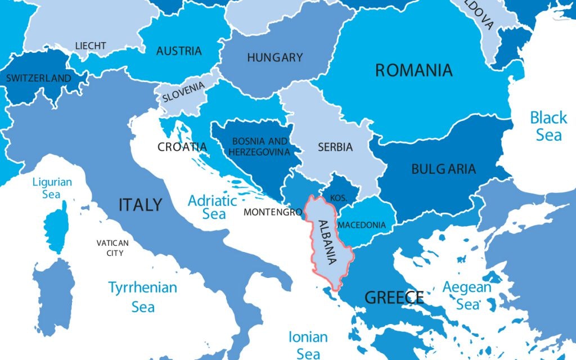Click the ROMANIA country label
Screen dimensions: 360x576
click(413, 70)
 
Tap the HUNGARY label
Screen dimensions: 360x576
click(274, 57)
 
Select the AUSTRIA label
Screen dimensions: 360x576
click(179, 51)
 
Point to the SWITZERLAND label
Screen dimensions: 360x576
click(39, 78)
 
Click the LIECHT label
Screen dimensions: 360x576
click(91, 46)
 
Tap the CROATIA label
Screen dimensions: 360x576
click(182, 147)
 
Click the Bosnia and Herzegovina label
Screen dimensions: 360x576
click(260, 146)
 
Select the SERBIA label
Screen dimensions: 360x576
click(335, 147)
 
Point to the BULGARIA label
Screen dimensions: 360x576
click(443, 169)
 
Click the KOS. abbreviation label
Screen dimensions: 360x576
click(338, 198)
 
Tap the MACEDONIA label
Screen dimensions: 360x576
click(362, 225)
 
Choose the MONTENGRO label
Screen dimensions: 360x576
click(273, 213)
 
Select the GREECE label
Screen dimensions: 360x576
click(394, 297)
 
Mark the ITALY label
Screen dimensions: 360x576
click(140, 205)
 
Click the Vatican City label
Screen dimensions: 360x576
click(112, 248)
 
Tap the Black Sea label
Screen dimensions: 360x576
click(548, 126)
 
